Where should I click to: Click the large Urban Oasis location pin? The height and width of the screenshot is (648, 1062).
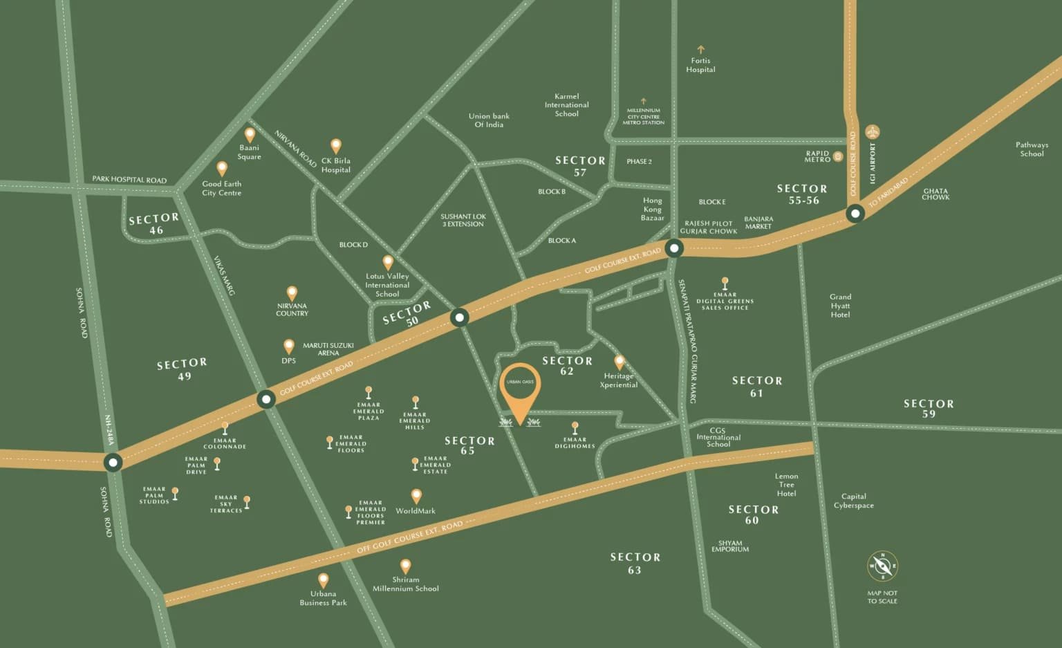520,387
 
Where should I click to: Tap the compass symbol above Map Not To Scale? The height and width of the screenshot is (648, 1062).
882,566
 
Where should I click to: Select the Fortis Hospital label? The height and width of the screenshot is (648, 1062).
700,65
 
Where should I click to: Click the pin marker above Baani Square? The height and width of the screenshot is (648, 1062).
250,134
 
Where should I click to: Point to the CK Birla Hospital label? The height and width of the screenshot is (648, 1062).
336,165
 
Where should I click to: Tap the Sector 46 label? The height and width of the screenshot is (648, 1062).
154,224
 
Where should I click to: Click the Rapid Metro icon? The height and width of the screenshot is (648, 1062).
838,156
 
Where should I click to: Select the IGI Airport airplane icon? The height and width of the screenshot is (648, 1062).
873,131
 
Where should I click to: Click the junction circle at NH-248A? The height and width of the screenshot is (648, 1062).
113,462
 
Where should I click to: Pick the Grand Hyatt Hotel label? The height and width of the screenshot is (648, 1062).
840,306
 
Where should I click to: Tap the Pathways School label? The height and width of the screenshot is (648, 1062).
1032,149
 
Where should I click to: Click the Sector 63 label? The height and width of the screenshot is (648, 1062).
635,563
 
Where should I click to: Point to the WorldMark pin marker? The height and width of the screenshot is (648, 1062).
416,496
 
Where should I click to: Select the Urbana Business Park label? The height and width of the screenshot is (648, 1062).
323,598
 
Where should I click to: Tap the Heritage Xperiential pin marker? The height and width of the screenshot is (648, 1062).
619,362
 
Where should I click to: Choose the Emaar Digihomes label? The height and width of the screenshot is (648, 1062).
575,443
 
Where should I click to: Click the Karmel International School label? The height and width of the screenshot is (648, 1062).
566,105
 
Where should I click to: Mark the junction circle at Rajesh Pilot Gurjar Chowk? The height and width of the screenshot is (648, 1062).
673,248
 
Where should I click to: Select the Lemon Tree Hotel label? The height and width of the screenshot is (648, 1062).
786,485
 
